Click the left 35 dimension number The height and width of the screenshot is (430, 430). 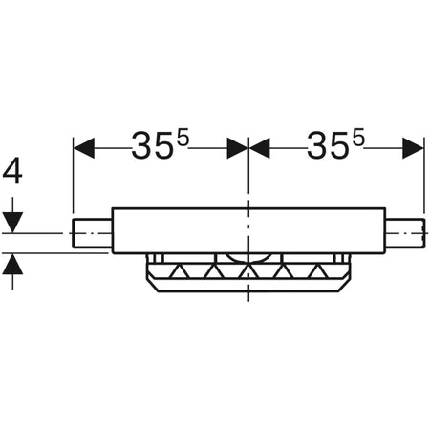point(149,147)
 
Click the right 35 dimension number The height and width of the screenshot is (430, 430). point(327,147)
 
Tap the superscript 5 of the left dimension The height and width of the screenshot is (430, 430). point(183,138)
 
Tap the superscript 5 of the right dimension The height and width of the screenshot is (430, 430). point(359,138)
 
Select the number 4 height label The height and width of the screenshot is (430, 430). point(12,173)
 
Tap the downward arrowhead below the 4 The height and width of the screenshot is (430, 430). point(12,222)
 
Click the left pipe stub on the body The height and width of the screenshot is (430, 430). point(93,232)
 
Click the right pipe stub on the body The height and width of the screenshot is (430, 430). point(404,232)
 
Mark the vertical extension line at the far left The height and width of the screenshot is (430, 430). point(73,177)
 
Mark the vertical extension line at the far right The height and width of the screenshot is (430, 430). point(423,177)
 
